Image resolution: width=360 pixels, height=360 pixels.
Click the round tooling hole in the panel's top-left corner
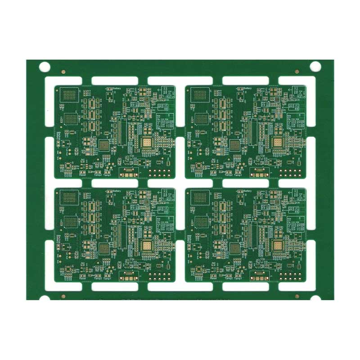45,67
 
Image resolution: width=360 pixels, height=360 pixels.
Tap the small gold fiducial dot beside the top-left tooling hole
63,71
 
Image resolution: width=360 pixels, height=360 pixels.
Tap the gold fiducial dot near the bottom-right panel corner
297,297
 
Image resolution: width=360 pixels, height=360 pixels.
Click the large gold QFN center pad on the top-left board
147,143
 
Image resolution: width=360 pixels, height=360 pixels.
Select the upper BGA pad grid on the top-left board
71,95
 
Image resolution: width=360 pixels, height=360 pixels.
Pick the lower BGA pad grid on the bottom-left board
71,222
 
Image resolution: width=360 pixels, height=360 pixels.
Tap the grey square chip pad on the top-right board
235,145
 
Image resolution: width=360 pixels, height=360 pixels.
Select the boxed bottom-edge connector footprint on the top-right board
260,171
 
